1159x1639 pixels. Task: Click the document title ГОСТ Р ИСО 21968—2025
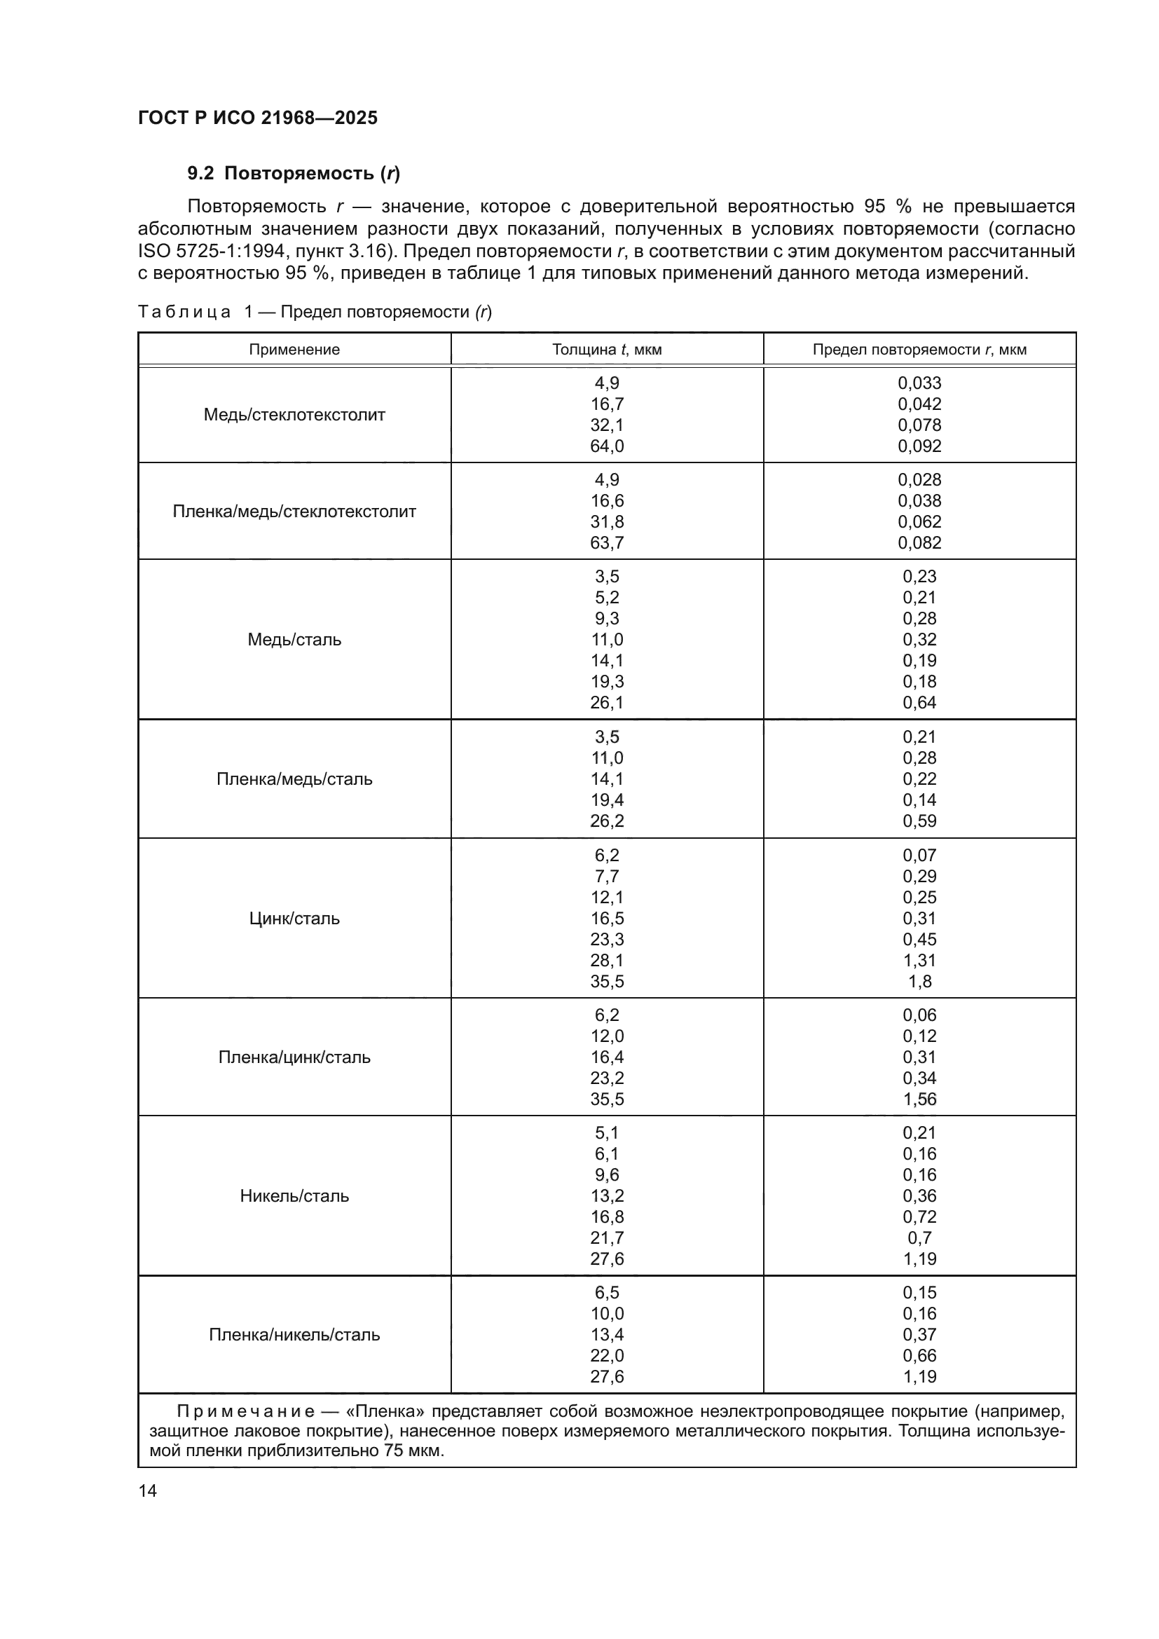pos(258,118)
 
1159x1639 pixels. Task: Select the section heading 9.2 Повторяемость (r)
pos(294,174)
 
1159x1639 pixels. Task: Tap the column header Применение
pos(294,350)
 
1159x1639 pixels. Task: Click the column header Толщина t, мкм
pos(607,350)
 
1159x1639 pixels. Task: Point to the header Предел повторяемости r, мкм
pos(919,350)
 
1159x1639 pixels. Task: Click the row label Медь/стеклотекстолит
pos(294,415)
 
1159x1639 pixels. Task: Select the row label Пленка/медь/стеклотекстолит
pos(294,512)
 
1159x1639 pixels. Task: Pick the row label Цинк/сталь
pos(294,919)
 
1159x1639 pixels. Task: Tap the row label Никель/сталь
pos(294,1196)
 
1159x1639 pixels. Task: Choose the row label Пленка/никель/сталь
pos(294,1335)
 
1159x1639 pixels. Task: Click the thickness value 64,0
pos(607,447)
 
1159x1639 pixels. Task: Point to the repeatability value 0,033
pos(919,383)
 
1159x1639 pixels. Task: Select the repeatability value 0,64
pos(919,703)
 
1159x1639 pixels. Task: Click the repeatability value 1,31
pos(919,961)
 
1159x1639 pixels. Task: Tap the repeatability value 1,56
pos(919,1099)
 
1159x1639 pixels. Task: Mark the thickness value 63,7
pos(607,543)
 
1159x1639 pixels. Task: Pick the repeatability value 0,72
pos(919,1217)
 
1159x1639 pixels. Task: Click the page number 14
pos(148,1491)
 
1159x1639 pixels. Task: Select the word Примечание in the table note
pos(245,1412)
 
